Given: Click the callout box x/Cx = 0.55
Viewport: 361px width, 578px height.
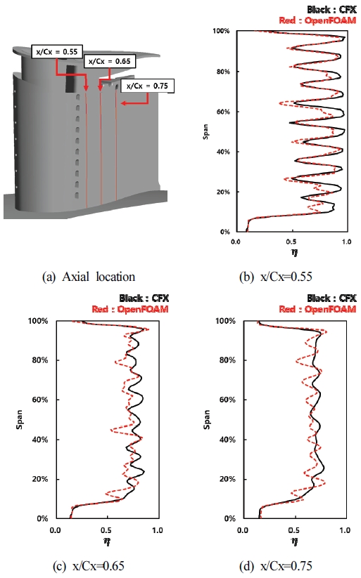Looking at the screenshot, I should pos(58,52).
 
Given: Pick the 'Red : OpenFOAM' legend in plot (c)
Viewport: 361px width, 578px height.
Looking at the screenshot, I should pos(132,309).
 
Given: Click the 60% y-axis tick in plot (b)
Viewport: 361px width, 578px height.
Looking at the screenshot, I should pos(224,112).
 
